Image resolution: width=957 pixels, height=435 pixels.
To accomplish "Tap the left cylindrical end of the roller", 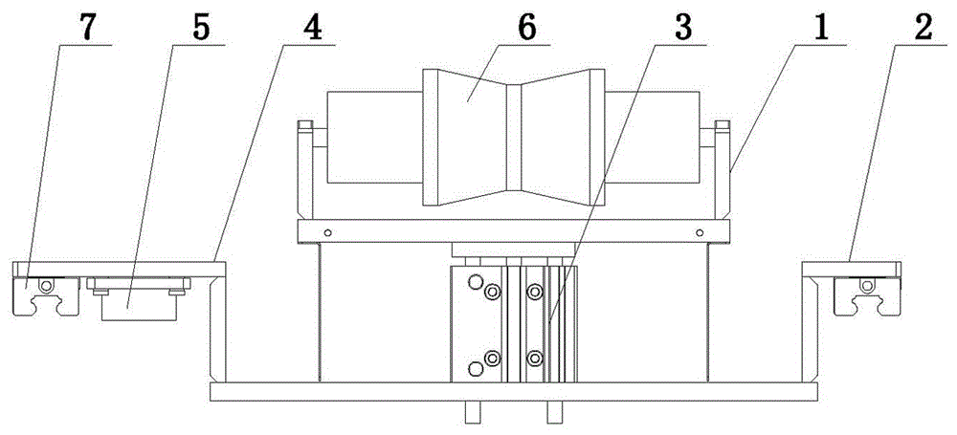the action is point(374,138).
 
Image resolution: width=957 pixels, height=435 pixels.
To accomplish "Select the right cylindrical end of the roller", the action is point(652,138).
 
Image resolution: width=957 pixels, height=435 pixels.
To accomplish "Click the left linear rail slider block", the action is point(46,296).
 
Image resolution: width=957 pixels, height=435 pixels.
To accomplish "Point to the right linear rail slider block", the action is point(867,296).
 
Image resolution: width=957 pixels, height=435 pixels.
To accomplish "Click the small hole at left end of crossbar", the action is point(327,232).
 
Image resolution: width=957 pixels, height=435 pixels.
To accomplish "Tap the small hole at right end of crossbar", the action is point(700,232).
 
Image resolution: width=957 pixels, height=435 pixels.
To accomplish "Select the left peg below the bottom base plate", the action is point(473,412).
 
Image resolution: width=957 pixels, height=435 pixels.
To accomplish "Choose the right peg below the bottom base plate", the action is point(553,412).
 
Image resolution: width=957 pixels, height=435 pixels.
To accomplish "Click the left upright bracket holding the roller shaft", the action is point(305,171).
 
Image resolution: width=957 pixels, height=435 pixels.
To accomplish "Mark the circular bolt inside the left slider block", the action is point(45,286).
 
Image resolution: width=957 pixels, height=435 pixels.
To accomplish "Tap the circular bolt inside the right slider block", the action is point(865,286).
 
